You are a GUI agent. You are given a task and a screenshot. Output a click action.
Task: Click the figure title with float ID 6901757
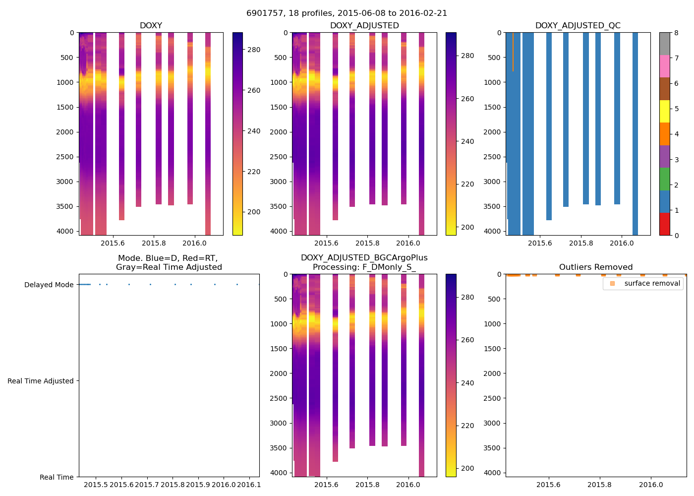347,13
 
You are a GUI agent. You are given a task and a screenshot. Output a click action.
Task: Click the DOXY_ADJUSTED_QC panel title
578,26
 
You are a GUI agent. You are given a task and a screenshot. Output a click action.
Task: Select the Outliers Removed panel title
595,267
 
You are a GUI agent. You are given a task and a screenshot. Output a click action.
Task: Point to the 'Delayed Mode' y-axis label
49,285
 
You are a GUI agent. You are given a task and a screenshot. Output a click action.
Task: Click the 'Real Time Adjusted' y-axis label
40,381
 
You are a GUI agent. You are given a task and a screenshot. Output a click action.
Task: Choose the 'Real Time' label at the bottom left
57,477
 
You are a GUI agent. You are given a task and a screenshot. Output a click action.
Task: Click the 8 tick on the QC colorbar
676,33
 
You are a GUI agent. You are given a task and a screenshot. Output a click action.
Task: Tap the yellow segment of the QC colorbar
664,112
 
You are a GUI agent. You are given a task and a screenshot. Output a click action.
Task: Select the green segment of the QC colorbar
664,179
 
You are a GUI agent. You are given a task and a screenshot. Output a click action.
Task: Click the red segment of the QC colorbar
664,224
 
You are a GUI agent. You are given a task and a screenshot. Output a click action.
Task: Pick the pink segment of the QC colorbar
664,66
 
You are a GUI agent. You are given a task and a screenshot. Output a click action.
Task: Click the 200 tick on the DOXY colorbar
254,212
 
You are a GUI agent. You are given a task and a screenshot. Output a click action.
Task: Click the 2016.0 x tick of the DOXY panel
194,243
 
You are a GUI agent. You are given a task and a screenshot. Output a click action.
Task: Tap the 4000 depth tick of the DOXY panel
65,231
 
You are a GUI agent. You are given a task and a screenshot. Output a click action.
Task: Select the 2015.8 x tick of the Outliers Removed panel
599,485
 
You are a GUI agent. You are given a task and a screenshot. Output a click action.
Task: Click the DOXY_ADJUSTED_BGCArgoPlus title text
364,258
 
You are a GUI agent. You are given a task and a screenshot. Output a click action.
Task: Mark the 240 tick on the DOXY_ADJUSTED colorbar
467,141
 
